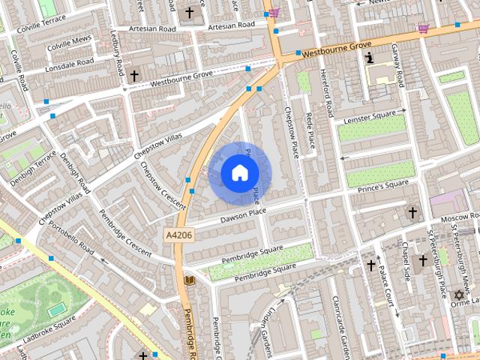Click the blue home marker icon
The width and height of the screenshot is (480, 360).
[239, 173]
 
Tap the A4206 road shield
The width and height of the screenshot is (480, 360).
[178, 235]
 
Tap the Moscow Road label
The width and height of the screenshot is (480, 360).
[458, 217]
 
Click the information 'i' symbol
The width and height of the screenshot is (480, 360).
[369, 58]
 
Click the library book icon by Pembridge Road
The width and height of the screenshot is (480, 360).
[190, 280]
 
